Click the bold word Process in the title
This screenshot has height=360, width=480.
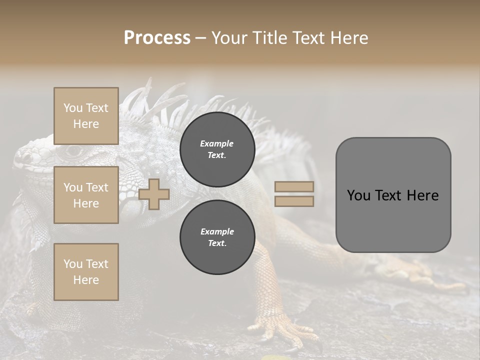click(x=157, y=38)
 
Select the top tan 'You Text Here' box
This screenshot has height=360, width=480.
click(x=86, y=116)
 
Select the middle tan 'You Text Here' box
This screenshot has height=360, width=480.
click(x=86, y=195)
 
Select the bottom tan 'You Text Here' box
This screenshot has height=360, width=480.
click(x=86, y=271)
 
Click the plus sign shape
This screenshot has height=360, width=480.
click(x=154, y=194)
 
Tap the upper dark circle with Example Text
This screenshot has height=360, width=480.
click(x=217, y=149)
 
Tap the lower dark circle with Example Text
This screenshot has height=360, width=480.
click(x=217, y=237)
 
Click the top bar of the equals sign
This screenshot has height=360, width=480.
click(x=294, y=187)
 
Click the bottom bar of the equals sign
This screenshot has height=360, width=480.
click(x=294, y=201)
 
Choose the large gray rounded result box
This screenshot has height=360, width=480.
click(x=393, y=195)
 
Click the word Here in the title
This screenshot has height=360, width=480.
click(x=350, y=38)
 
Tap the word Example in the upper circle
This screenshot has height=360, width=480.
click(x=217, y=143)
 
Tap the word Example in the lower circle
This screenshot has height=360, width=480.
click(x=217, y=231)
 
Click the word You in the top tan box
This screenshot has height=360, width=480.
click(x=73, y=108)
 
